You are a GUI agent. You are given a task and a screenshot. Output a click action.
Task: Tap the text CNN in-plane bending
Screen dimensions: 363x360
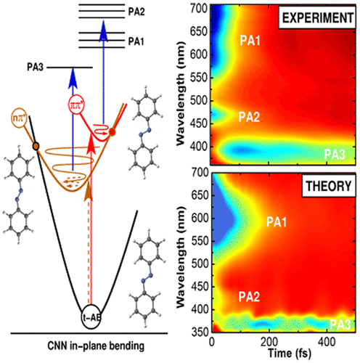pyautogui.click(x=99, y=345)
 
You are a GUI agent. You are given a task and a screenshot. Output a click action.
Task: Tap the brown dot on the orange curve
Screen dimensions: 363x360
pyautogui.click(x=36, y=147)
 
